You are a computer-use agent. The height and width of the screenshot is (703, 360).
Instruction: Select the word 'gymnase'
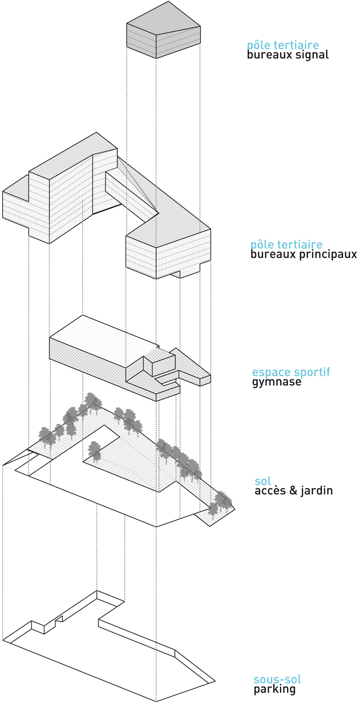276,383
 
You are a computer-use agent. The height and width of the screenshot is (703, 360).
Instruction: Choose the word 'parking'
274,689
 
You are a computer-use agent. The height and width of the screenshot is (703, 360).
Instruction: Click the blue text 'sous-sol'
277,679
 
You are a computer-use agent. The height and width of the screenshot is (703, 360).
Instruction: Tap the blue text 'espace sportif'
291,372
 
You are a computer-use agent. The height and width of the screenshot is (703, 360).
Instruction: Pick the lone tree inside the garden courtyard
94,450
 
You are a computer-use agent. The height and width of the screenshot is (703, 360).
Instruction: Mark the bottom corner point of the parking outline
156,701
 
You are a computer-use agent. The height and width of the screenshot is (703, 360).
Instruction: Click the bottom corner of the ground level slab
156,527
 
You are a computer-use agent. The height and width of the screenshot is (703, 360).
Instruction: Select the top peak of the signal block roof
169,2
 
